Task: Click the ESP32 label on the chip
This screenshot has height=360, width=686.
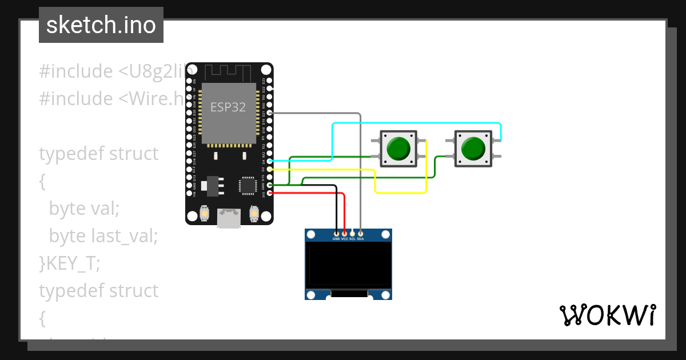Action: pos(228,107)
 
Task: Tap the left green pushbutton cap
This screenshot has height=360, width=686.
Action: pos(398,149)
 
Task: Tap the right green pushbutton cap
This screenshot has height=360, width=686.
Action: pos(473,149)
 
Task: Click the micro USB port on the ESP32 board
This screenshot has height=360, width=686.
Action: pos(229,218)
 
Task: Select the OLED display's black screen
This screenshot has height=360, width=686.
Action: pos(349,264)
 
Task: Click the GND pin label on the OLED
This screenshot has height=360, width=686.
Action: pos(336,239)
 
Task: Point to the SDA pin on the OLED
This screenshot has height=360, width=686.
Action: pos(360,234)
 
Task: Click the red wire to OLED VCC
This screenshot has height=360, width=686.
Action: pos(344,211)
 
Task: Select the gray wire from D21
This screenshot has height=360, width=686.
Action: pos(360,171)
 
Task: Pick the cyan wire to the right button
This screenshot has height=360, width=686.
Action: pos(417,123)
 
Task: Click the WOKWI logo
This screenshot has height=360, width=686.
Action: pos(607,315)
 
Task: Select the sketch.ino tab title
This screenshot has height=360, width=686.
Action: pos(101,25)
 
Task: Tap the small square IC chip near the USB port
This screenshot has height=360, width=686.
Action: pos(248,185)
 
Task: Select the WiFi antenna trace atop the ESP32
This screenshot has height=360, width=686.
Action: pos(228,73)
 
